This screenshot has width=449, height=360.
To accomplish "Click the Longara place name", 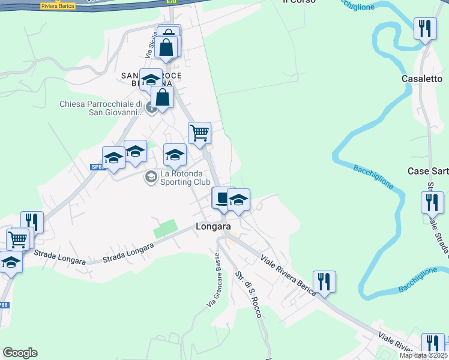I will pos(212,227).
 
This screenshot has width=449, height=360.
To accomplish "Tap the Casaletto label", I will pos(422,79).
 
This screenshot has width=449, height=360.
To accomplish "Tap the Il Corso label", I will pos(295,2).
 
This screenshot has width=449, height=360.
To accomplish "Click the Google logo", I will pos(20,353).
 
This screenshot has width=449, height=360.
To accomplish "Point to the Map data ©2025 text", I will pos(423,355).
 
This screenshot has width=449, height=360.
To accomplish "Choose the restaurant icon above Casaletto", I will pos(424,29).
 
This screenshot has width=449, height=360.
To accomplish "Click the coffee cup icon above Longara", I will pos(221,199).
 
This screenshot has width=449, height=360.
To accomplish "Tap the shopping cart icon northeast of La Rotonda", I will pos(199,133).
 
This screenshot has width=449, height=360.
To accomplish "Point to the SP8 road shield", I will pos(97,167).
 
